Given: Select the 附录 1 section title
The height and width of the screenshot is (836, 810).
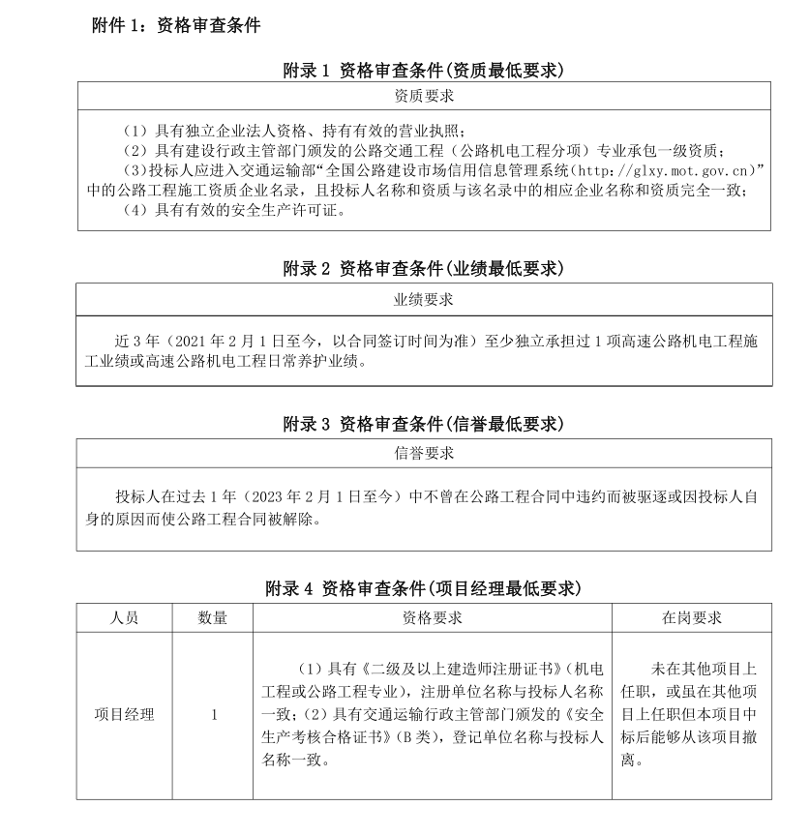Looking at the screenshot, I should (423, 71).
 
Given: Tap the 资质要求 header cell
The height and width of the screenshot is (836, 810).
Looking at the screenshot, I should (423, 96).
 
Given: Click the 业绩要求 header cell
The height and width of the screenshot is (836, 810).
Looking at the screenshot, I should (423, 299).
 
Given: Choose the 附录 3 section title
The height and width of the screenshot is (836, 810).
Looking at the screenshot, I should (423, 424).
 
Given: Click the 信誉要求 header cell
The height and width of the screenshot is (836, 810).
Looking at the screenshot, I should (423, 452).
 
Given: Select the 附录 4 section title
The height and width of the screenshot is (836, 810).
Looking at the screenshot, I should (423, 587).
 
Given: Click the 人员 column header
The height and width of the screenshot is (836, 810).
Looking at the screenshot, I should (124, 617).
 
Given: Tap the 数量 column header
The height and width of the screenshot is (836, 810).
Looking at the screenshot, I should (213, 617).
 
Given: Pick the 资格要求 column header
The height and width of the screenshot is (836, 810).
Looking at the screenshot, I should (432, 617).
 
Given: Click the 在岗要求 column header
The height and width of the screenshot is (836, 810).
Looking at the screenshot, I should (691, 617).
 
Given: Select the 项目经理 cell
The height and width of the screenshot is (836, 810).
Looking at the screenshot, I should (124, 715).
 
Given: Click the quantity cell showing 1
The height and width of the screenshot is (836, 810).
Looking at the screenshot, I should (213, 715).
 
